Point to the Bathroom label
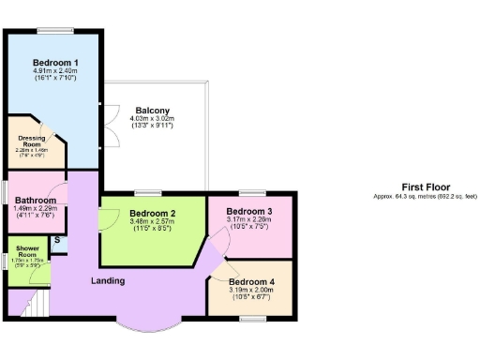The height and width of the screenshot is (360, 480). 35,200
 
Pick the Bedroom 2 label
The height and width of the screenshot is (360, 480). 152,215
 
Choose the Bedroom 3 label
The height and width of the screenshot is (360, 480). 249,212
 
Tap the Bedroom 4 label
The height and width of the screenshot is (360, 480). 251,281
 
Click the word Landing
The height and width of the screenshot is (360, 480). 111,280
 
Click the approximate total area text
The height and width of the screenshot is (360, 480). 424,196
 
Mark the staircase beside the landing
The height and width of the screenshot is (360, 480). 25,303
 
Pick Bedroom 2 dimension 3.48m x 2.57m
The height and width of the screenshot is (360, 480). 152,223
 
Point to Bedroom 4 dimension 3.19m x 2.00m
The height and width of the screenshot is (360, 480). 251,290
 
